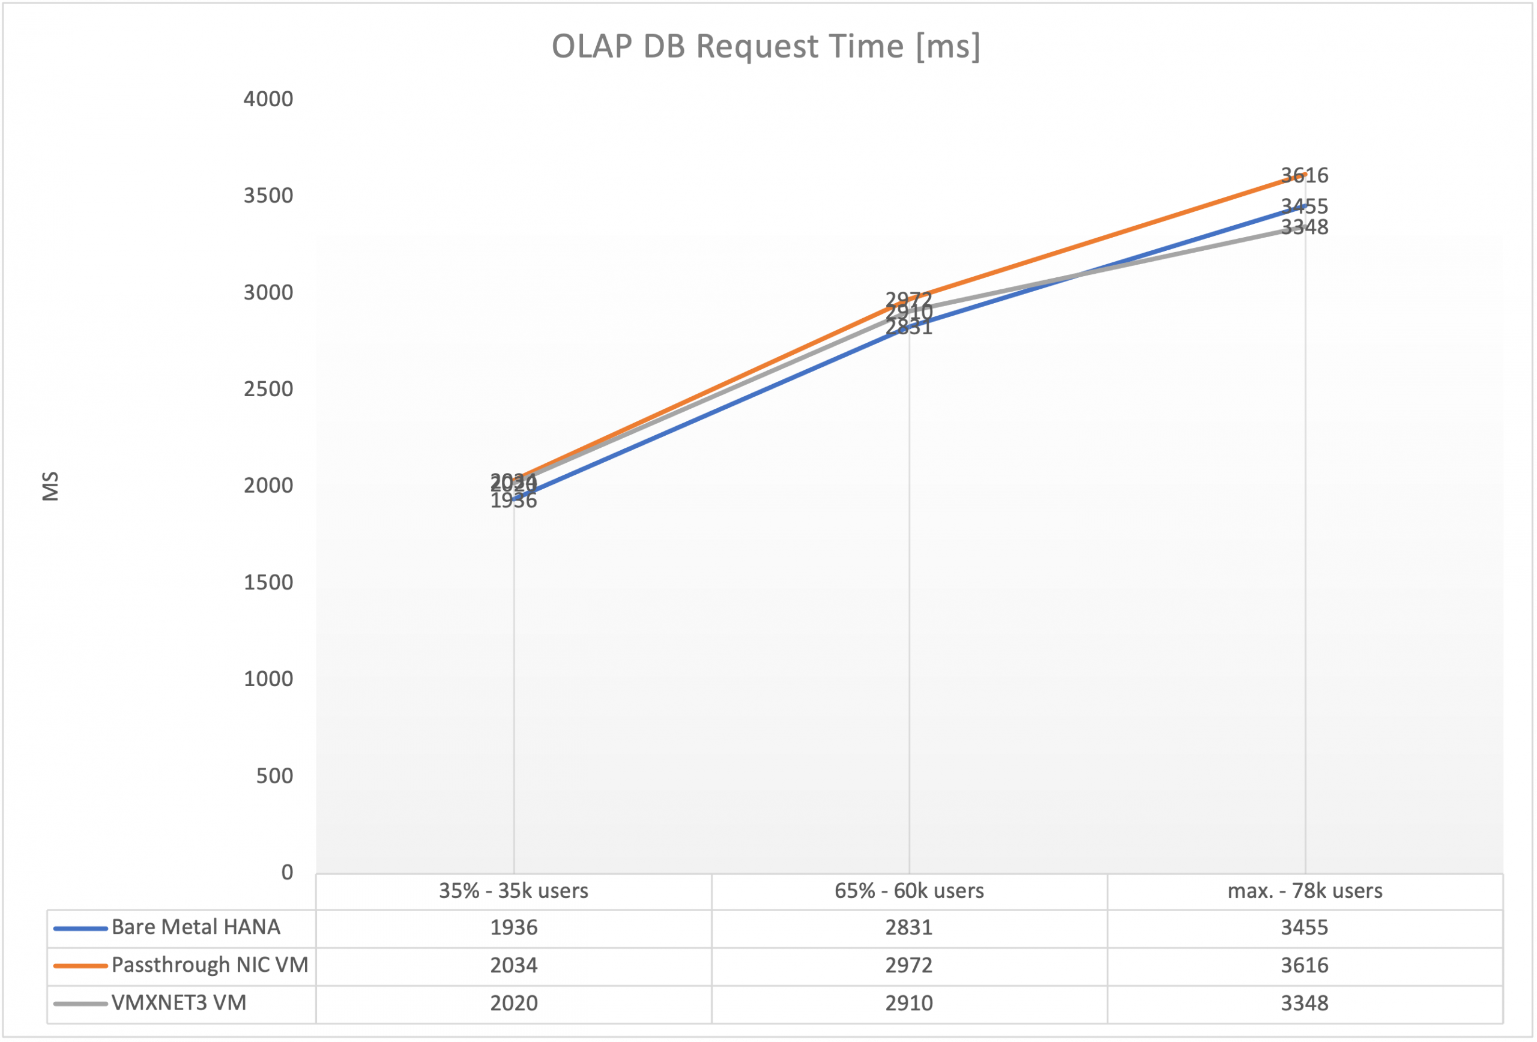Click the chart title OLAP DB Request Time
pos(766,47)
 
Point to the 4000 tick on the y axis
pos(268,99)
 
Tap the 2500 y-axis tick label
pos(268,389)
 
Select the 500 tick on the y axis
pos(274,775)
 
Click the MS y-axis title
pos(51,486)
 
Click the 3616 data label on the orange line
pos(1304,175)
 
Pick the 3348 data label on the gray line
pos(1304,227)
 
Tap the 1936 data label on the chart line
pos(513,501)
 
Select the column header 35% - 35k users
pos(513,891)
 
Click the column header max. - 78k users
pos(1305,891)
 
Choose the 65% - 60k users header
pos(909,891)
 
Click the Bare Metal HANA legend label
pos(196,927)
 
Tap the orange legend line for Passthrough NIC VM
pos(80,965)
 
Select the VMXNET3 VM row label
pos(178,1003)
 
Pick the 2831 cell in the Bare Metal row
pos(909,927)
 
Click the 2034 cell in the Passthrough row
pos(513,965)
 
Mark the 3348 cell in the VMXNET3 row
pos(1304,1003)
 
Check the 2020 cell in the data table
pos(513,1003)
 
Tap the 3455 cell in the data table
pos(1304,927)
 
